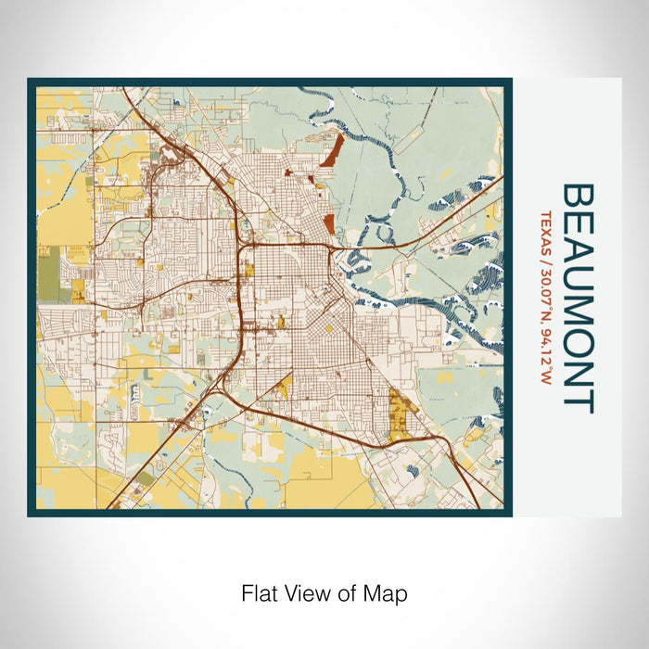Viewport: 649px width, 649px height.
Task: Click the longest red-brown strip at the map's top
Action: click(x=331, y=150)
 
